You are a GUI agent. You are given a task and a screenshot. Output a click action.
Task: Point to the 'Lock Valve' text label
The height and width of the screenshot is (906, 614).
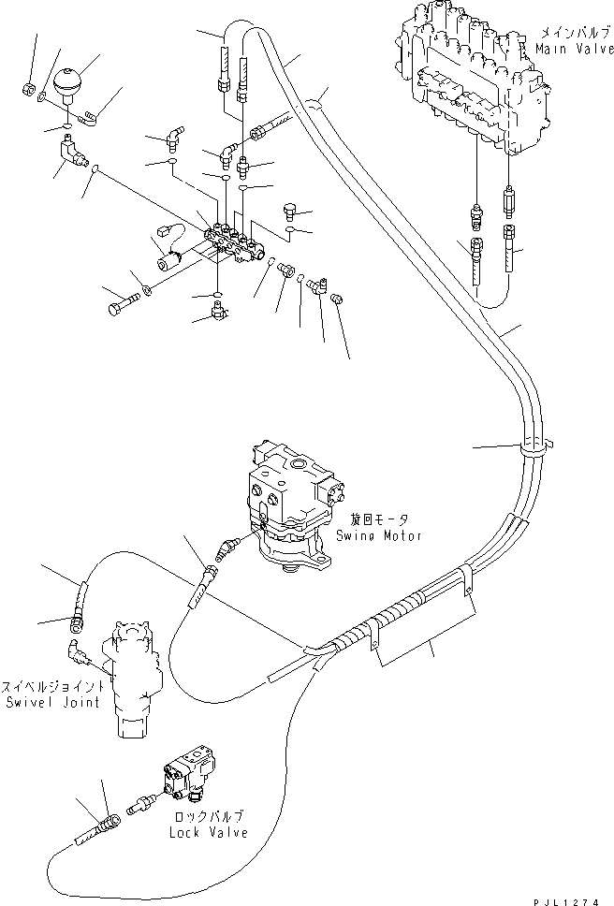pos(209,832)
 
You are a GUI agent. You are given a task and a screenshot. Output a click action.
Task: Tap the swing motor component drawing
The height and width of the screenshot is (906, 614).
pos(290,505)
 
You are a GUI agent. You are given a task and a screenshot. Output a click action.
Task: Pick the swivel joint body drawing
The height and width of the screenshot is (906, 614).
pos(135,679)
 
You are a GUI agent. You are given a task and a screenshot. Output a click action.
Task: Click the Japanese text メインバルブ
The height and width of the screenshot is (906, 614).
pos(571,32)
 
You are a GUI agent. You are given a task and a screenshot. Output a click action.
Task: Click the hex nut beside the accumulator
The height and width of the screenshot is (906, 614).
pos(28,89)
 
